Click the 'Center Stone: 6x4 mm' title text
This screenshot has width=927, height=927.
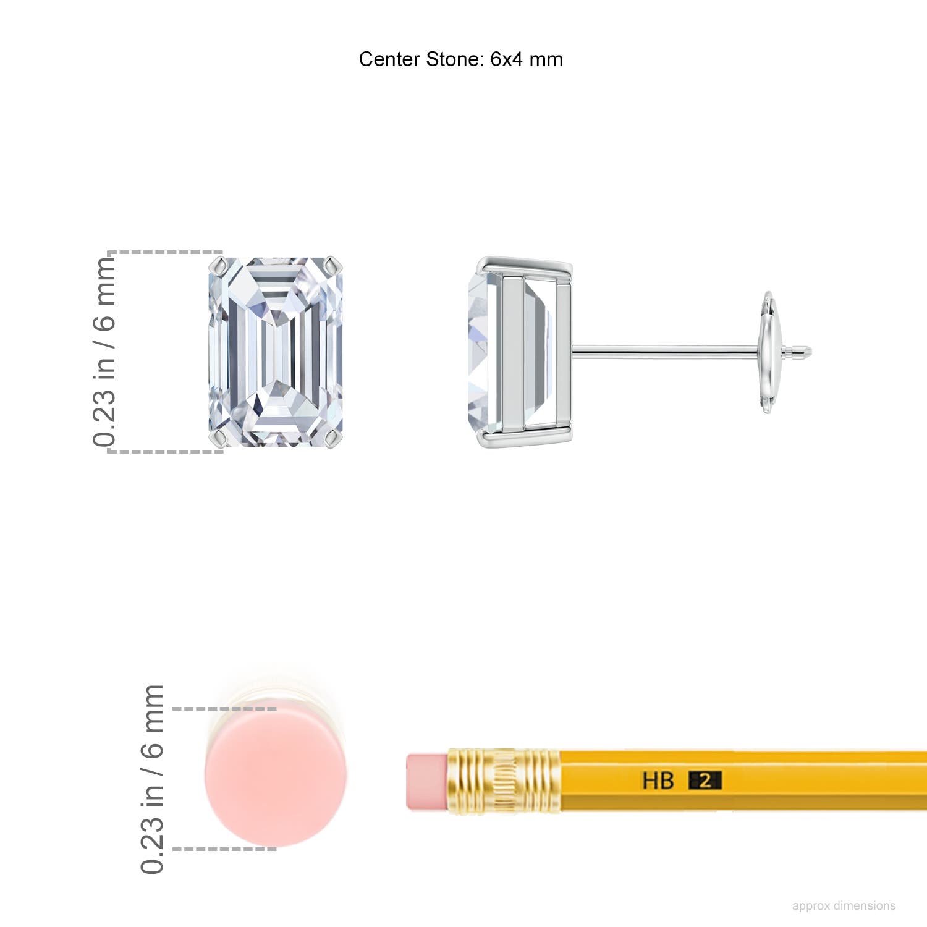460,59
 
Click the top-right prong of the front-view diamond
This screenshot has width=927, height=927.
334,266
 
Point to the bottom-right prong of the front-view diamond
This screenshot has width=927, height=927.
334,439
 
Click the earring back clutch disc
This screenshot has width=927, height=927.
768,352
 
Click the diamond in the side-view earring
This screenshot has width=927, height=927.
485,352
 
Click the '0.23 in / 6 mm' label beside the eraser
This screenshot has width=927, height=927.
153,779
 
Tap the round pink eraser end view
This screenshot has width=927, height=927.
276,777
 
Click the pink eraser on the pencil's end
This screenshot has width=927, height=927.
426,781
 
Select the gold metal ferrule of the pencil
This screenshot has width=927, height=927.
504,781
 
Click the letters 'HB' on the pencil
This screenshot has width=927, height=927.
658,781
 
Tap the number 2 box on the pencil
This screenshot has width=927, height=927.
705,781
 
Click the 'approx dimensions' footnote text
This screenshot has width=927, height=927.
844,905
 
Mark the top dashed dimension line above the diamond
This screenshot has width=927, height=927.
166,253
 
